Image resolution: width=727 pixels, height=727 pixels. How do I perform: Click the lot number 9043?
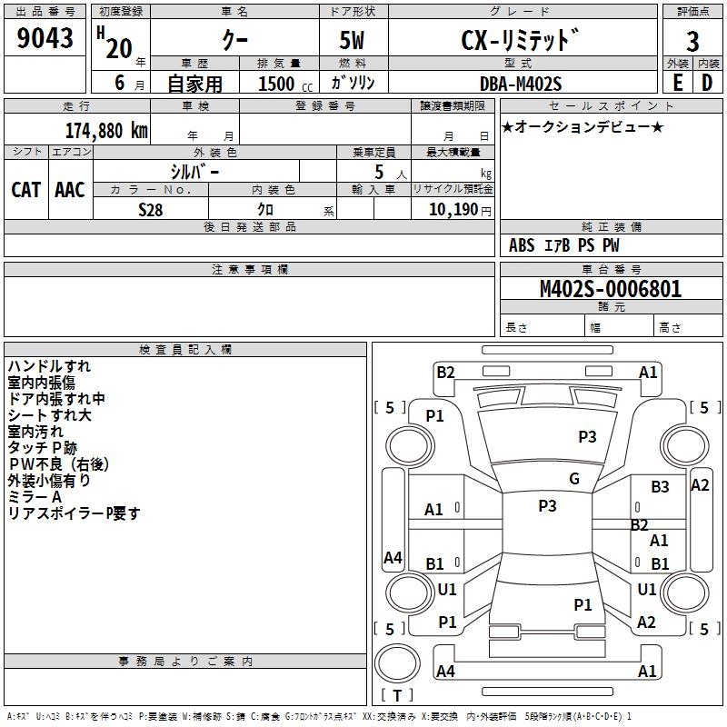[x=45, y=38]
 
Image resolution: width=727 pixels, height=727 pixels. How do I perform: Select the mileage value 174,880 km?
[x=106, y=131]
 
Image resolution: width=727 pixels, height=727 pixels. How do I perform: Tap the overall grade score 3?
[x=692, y=42]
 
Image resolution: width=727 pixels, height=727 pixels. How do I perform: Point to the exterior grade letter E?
[x=677, y=83]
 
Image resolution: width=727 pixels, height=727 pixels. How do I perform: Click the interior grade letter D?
[x=707, y=83]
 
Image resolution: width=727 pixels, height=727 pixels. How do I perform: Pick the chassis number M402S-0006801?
[x=611, y=289]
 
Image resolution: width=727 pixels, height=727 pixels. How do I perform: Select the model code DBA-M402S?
[x=521, y=84]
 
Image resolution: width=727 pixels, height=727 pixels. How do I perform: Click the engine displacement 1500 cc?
[x=285, y=84]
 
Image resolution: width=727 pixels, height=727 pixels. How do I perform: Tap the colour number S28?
[x=150, y=210]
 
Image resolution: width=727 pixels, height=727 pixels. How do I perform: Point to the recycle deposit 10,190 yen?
[x=460, y=210]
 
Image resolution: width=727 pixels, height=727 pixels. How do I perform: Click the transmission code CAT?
[x=26, y=190]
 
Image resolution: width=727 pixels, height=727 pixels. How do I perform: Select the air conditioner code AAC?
[x=70, y=190]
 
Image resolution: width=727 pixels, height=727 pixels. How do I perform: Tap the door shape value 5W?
[x=352, y=40]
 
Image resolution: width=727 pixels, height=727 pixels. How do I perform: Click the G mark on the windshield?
[x=574, y=479]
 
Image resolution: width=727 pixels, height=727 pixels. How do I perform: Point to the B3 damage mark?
[x=660, y=487]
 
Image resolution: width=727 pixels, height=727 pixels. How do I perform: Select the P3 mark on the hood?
[x=587, y=436]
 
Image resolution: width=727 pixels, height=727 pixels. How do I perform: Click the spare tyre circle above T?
[x=397, y=663]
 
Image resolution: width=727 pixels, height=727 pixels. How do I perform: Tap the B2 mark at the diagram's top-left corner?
[x=445, y=373]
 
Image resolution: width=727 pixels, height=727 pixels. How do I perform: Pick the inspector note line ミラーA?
[x=35, y=497]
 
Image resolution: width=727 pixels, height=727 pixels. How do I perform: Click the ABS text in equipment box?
[x=522, y=244]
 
